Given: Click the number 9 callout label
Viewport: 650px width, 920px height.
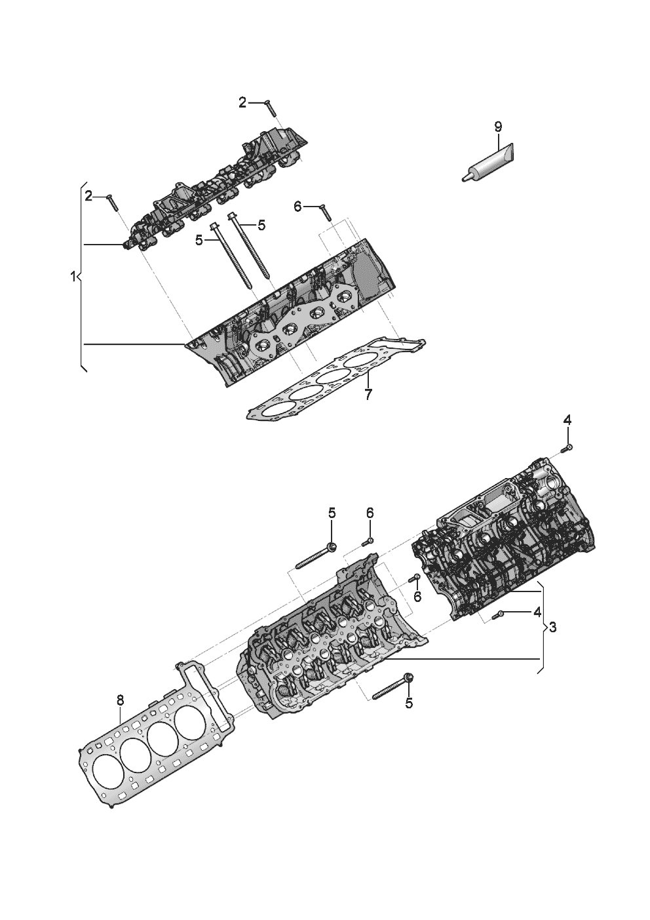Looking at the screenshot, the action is coord(497,126).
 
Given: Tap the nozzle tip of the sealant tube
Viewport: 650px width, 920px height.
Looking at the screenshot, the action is coord(464,176).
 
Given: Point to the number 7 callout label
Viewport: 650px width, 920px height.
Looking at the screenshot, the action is coord(368,395).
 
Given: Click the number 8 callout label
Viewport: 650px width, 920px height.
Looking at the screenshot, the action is coord(119,700).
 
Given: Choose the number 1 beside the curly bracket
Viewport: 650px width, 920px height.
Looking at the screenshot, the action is coord(73,277).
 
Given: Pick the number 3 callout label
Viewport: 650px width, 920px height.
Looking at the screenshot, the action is coord(552,628).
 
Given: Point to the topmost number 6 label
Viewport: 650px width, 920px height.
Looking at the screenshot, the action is coord(297,207).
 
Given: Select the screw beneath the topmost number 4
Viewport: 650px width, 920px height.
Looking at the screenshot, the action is coord(568,448).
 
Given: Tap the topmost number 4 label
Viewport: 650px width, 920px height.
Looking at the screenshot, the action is coord(567,420).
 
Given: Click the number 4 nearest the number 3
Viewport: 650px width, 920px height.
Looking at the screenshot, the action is coord(537,612).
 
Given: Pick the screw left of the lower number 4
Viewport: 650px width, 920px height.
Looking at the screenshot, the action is coord(499,614).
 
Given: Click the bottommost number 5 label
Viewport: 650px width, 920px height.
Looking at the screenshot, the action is coord(409,704).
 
